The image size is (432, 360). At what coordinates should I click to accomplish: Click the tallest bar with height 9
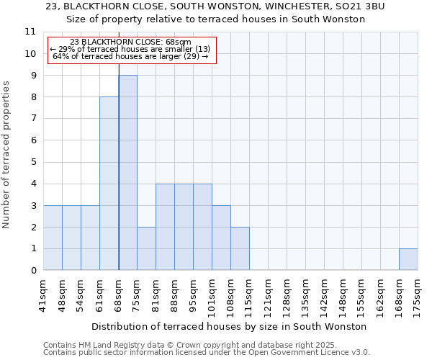pyautogui.click(x=127, y=173)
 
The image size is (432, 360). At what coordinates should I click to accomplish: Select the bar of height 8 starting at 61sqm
pyautogui.click(x=109, y=184)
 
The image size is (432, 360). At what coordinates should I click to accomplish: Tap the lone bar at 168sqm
pyautogui.click(x=408, y=259)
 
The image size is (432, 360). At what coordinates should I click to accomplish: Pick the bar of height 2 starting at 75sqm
pyautogui.click(x=146, y=248)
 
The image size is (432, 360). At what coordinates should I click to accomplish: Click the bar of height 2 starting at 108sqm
pyautogui.click(x=240, y=248)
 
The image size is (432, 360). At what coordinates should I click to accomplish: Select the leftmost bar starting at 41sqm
pyautogui.click(x=53, y=238)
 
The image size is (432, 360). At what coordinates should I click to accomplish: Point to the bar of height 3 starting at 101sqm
pyautogui.click(x=221, y=238)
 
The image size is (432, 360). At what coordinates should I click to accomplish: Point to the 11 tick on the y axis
pyautogui.click(x=30, y=32)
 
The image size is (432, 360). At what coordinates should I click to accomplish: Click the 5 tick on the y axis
pyautogui.click(x=33, y=162)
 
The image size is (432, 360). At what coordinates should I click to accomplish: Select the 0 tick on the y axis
pyautogui.click(x=33, y=271)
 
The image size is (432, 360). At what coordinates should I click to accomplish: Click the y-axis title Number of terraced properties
pyautogui.click(x=6, y=155)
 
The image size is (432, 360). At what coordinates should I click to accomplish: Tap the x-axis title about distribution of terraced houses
pyautogui.click(x=230, y=326)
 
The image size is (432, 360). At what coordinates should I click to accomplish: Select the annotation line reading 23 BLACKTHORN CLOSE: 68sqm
pyautogui.click(x=131, y=42)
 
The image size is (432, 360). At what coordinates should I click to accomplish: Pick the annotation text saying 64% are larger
pyautogui.click(x=131, y=56)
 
